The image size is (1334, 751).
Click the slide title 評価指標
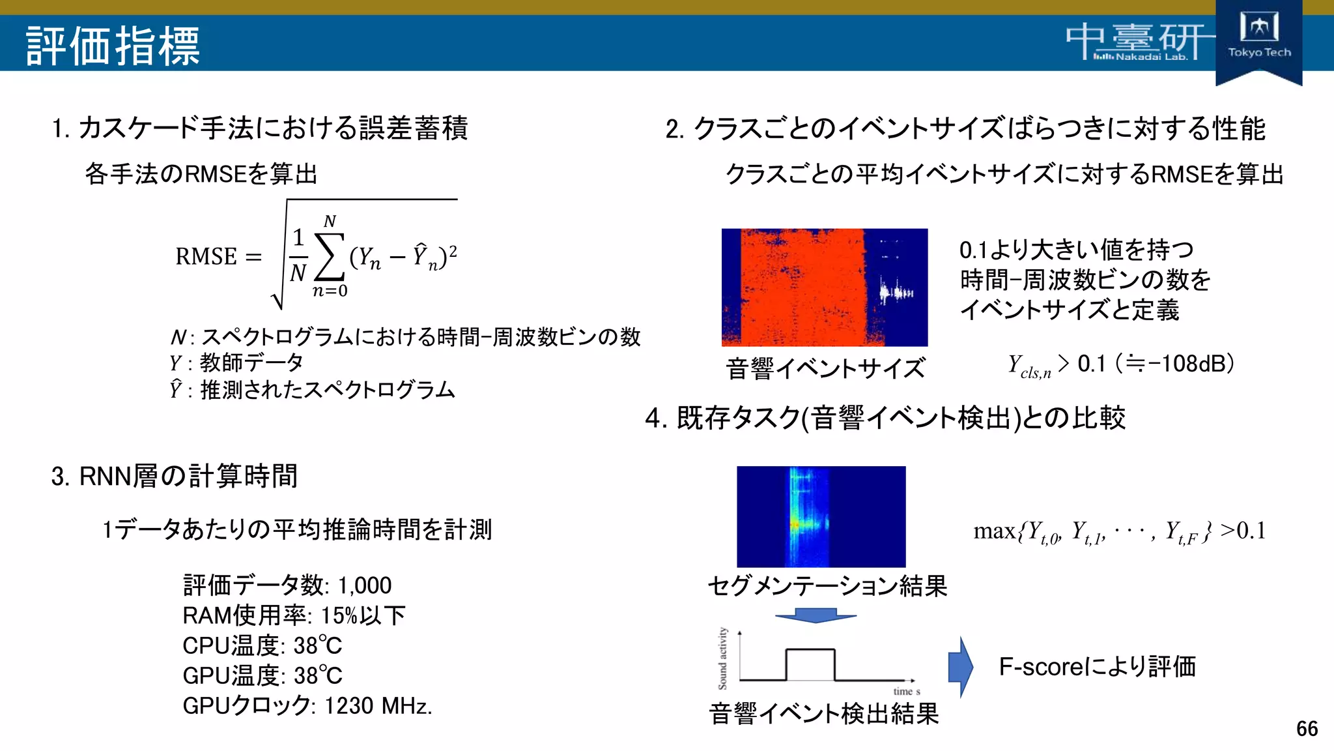coord(113,46)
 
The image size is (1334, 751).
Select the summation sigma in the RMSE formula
coord(330,256)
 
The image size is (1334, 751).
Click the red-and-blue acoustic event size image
coord(824,287)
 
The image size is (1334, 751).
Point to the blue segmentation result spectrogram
coord(821,516)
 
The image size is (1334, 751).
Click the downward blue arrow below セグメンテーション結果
coord(815,615)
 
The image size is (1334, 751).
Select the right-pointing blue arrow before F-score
coord(961,666)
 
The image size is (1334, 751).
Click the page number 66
coord(1307,728)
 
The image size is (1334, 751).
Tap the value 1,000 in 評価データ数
coord(364,585)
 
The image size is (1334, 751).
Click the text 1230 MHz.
coord(378,705)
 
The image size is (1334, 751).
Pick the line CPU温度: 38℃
coord(262,645)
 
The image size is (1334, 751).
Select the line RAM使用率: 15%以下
coord(294,615)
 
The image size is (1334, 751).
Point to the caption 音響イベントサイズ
coord(825,368)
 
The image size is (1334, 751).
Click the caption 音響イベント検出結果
coord(823,713)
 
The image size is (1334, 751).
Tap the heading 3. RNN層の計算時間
coord(175,476)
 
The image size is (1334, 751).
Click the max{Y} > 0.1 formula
coord(1119,531)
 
